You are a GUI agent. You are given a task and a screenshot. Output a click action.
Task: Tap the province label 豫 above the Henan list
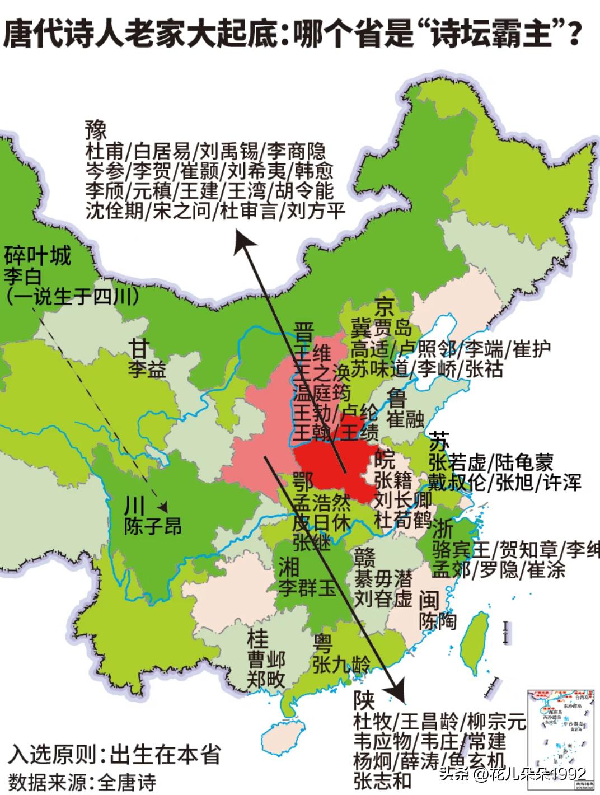point(96,131)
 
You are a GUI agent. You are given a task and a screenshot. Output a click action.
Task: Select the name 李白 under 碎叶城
point(21,276)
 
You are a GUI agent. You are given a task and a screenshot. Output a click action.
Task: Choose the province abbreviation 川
point(134,506)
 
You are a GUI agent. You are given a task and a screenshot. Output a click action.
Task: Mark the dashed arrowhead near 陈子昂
point(163,506)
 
